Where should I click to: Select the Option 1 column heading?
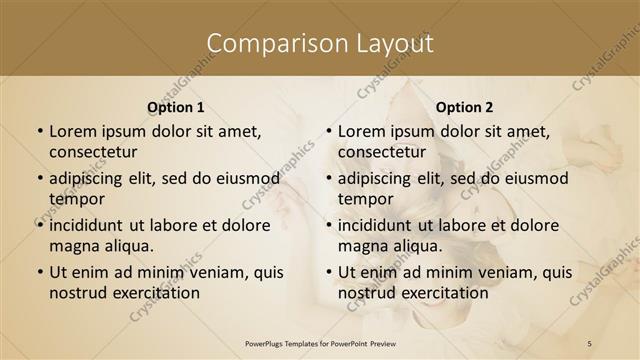(175, 107)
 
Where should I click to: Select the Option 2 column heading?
(464, 107)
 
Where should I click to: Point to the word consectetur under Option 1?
(93, 152)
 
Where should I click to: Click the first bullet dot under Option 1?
(38, 132)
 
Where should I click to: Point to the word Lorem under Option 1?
(72, 132)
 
